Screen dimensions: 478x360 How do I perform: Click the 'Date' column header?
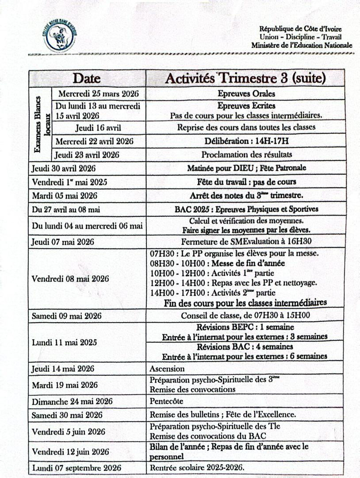tap(87, 78)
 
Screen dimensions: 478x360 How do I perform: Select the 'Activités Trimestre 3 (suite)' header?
tap(245, 78)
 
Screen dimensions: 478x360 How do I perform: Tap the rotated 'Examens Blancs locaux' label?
tap(41, 124)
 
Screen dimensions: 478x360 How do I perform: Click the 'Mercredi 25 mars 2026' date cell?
tap(98, 93)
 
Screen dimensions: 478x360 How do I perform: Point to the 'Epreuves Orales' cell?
tap(246, 93)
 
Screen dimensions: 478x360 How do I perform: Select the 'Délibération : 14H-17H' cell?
tap(246, 141)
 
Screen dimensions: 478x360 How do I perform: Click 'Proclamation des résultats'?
tap(246, 154)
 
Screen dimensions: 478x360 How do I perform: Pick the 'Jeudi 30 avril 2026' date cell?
tap(64, 168)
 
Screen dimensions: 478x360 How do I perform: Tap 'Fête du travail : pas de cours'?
tap(246, 182)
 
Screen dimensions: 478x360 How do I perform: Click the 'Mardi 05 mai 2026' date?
tap(65, 195)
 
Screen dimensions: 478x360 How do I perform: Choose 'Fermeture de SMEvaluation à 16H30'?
tap(246, 242)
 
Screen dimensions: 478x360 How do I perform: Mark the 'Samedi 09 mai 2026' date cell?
tap(66, 316)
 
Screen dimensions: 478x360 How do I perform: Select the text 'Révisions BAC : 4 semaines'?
tap(245, 347)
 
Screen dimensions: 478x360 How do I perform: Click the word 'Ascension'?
tap(167, 368)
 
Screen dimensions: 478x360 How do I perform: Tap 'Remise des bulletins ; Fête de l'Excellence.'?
tap(222, 415)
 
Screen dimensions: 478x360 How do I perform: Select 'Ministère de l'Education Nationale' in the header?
tap(302, 45)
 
